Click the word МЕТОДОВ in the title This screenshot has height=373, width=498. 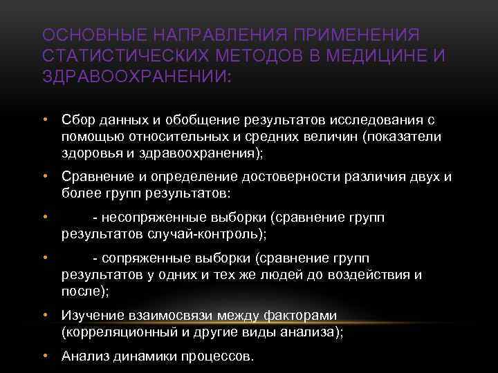click(251, 54)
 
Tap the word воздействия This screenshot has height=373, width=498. click(363, 275)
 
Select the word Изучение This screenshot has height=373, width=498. click(93, 316)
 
